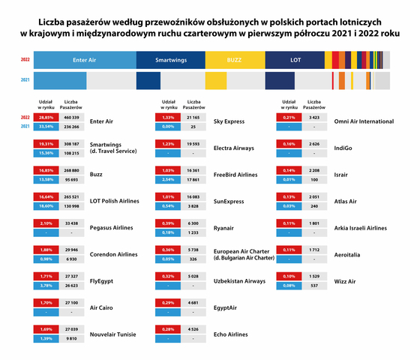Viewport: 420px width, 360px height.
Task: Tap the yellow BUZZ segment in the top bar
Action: click(234, 58)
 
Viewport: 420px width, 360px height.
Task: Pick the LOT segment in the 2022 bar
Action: click(295, 58)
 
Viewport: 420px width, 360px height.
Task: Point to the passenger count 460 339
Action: click(71, 118)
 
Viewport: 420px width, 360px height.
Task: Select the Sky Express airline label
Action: click(232, 121)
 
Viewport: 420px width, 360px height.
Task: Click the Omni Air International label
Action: click(364, 121)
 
